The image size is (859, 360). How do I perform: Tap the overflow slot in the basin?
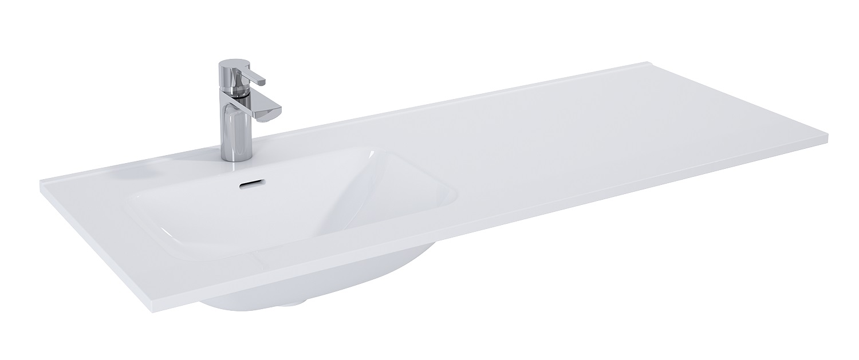point(250,184)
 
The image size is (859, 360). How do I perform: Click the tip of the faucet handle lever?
point(265,78)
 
